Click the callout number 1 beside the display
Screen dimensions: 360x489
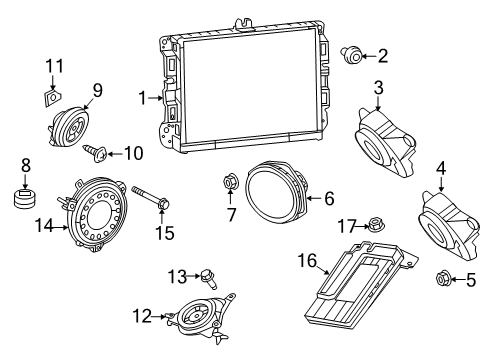coord(143,98)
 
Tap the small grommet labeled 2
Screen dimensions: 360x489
coord(354,55)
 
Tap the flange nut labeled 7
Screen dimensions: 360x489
coord(230,182)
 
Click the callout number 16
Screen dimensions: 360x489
coord(307,262)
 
